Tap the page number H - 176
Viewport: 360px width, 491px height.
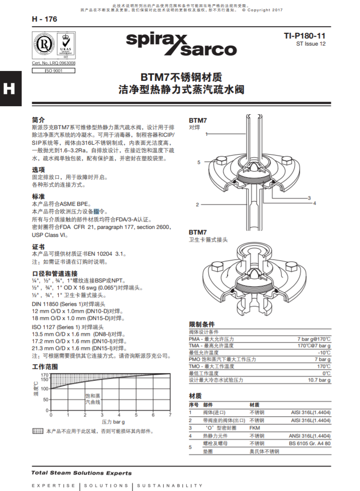pos(44,19)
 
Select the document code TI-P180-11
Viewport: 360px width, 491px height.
pos(305,36)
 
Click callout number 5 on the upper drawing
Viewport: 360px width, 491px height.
pos(199,162)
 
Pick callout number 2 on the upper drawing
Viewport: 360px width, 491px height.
pos(198,204)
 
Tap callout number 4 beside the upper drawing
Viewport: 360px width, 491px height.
pos(314,203)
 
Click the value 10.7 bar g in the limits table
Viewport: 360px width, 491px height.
pos(319,380)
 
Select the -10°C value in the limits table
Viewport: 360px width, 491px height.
pos(324,352)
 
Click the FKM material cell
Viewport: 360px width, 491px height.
pos(255,428)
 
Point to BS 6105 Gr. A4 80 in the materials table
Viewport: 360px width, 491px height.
pos(310,443)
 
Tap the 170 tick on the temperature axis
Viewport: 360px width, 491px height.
pos(45,374)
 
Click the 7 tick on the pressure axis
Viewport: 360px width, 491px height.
pos(170,415)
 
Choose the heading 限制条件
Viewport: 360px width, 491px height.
pos(202,324)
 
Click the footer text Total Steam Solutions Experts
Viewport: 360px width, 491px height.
pos(81,473)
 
